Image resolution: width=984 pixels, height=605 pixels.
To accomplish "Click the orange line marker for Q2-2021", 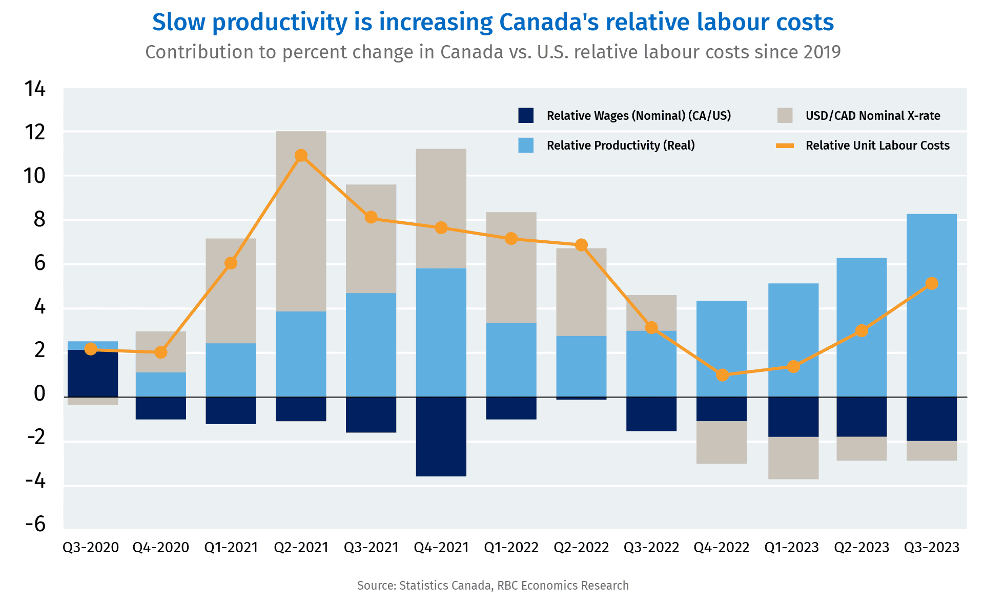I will point(301,155).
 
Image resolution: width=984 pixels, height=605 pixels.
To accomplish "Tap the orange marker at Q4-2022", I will point(722,375).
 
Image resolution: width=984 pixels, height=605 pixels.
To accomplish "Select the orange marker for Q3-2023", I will point(932,283).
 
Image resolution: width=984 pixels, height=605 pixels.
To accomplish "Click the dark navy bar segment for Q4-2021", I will point(441,436).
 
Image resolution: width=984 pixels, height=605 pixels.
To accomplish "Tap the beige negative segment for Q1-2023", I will point(793,458).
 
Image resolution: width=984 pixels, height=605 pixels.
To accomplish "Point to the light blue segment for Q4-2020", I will point(160,384).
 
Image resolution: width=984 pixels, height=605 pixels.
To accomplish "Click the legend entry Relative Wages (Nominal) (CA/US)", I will point(638,116).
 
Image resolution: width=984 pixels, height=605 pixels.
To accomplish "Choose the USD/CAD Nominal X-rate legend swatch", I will point(785,116).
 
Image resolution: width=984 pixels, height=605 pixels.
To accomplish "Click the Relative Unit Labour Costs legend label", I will point(877,145).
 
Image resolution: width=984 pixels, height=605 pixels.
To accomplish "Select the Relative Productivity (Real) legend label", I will point(620,145).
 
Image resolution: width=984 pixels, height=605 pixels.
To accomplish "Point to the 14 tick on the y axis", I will point(35,89).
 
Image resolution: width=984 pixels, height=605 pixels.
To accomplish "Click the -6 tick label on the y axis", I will point(35,524).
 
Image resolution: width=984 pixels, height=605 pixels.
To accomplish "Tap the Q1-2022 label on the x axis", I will point(511,548).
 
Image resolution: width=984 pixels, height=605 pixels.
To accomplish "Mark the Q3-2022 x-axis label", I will point(651,548).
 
